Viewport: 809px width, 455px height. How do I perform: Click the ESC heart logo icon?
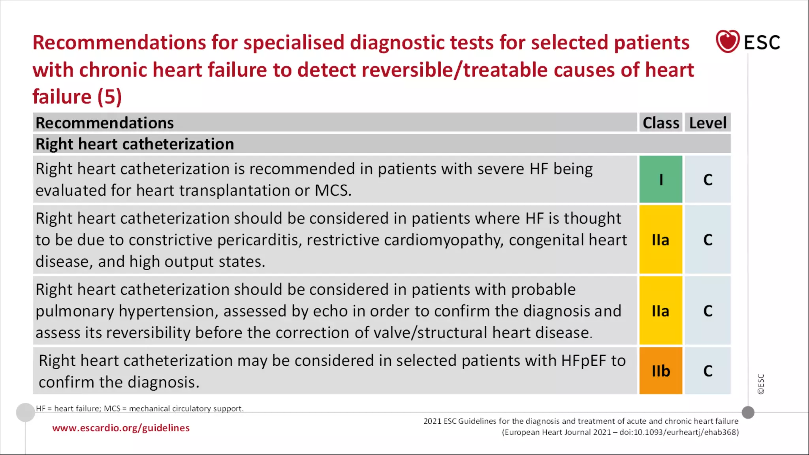727,41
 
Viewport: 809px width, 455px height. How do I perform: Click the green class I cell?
660,179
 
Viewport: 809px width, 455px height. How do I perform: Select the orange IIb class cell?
660,370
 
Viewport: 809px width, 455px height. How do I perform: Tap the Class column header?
660,123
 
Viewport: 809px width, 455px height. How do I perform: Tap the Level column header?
707,123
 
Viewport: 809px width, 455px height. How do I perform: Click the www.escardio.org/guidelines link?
121,428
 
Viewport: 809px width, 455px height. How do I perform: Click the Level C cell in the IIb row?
707,370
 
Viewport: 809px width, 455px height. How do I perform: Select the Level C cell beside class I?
707,179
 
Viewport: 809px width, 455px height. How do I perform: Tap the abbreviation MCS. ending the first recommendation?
333,190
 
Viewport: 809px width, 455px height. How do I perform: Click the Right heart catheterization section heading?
135,144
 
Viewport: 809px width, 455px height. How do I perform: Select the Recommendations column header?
105,123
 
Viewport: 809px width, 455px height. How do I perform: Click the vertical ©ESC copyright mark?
761,384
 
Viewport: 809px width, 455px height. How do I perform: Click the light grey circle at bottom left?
25,412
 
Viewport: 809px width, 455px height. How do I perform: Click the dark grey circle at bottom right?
748,412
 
